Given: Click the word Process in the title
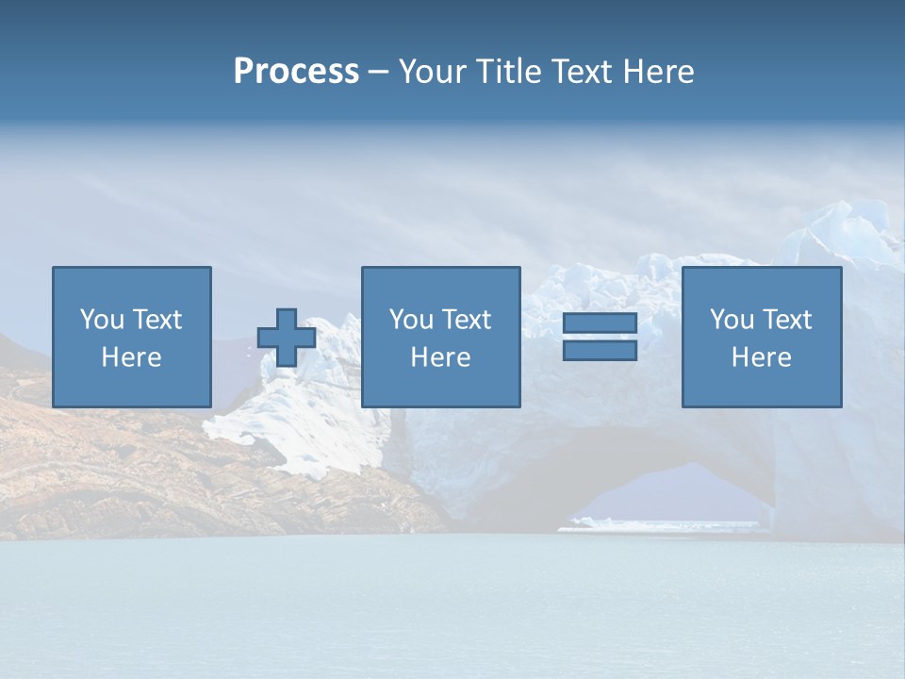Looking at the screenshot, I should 296,72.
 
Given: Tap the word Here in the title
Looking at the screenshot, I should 658,72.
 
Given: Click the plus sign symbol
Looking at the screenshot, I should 287,338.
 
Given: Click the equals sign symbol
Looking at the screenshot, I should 600,337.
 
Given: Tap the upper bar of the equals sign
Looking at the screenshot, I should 600,323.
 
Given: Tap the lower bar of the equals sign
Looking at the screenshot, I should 600,350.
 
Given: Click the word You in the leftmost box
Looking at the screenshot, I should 102,320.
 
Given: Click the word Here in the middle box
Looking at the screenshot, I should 440,357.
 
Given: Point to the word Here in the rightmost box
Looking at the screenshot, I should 761,357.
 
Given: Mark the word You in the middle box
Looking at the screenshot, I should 411,320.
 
